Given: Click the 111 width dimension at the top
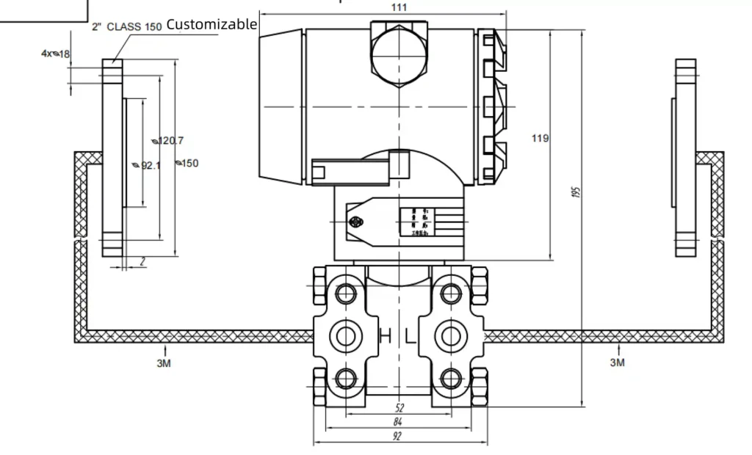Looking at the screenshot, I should tap(399, 7).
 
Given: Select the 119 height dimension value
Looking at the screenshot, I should tap(540, 138).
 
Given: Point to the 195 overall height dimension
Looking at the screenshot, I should tap(576, 192).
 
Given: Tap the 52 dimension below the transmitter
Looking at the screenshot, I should tap(399, 408).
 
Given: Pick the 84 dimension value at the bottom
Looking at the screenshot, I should tap(399, 422).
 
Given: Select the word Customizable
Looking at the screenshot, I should tap(211, 24).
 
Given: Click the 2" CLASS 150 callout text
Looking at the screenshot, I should tap(126, 27).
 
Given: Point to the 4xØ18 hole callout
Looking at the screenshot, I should tap(55, 54).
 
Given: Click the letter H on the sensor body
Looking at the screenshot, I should tap(385, 337).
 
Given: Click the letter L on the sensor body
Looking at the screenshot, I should tap(411, 337).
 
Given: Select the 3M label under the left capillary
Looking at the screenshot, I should tap(164, 363).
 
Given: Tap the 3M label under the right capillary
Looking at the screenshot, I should tap(618, 363).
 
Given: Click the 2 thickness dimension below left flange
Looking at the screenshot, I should tap(142, 261).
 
